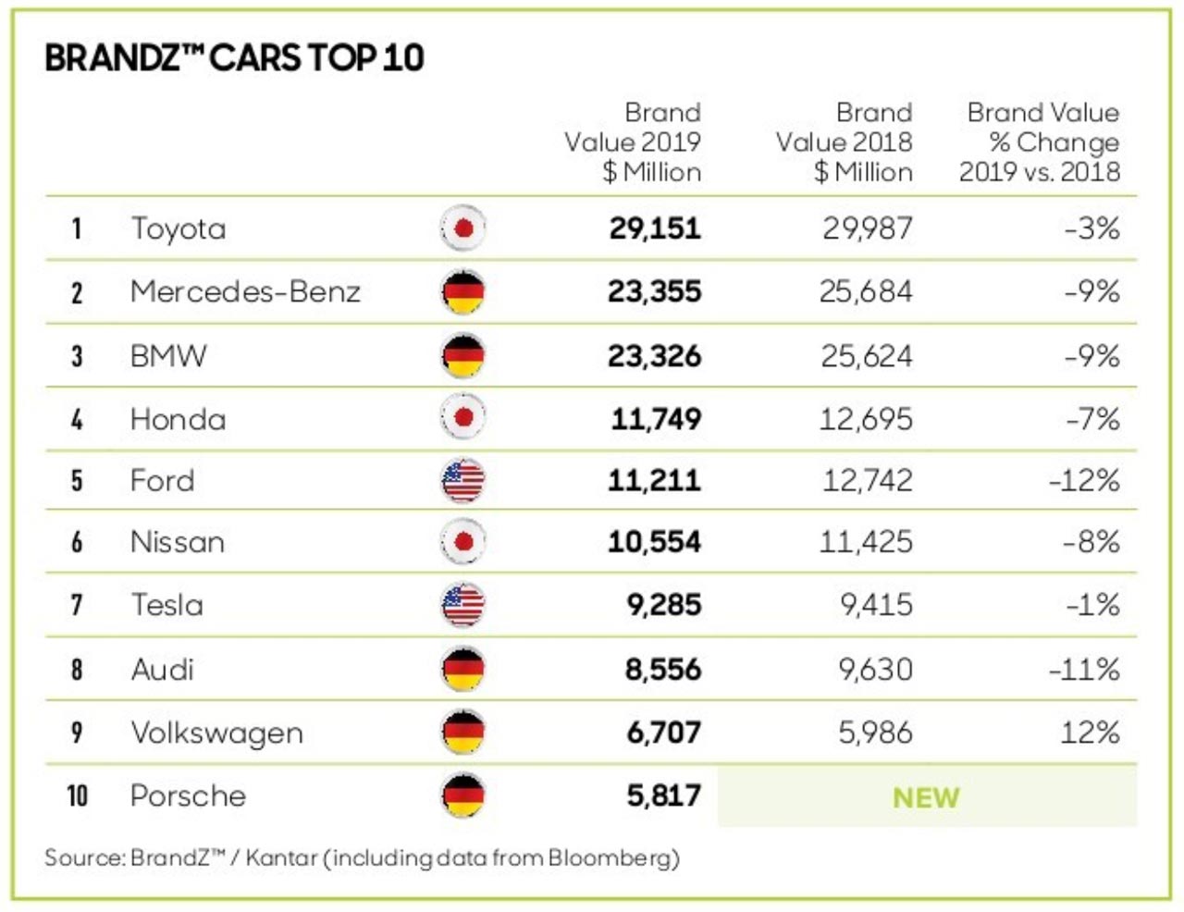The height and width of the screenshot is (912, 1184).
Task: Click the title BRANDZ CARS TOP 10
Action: (x=234, y=57)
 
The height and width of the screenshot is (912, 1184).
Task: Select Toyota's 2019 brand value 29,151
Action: (x=654, y=228)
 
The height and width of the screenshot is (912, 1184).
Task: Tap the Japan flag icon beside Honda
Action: (x=462, y=418)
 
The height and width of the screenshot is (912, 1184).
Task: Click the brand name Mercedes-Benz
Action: (x=245, y=291)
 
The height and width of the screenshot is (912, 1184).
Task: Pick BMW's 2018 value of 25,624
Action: (x=866, y=355)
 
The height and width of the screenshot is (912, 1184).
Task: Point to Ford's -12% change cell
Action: (x=1084, y=480)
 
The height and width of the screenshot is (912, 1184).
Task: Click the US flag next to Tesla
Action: (x=462, y=605)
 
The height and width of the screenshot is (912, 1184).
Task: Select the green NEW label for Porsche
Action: (x=926, y=797)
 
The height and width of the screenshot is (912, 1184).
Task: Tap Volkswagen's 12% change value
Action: (x=1090, y=733)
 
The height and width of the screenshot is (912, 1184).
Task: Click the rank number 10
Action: (x=78, y=795)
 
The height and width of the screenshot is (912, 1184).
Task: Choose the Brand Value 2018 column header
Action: (x=844, y=142)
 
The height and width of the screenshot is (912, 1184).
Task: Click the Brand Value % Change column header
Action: (x=1039, y=142)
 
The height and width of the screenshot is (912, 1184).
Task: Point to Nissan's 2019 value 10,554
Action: (x=654, y=541)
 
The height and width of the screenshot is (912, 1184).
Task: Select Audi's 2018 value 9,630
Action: (x=875, y=669)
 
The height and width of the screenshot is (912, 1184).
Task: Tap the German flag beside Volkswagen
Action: (x=462, y=733)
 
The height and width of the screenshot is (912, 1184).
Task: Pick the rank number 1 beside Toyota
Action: (x=77, y=228)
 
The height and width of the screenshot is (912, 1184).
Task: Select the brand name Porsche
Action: (x=189, y=795)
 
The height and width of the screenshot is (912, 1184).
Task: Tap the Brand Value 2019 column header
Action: (x=633, y=142)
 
